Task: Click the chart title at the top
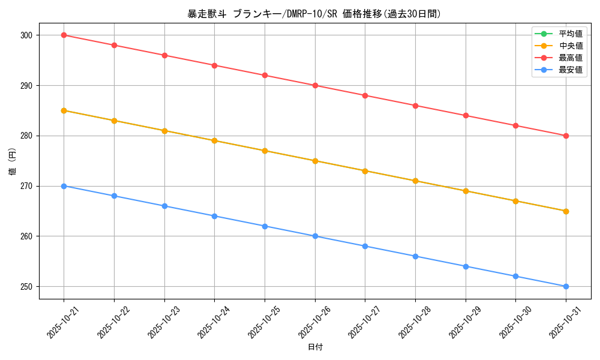click(x=314, y=14)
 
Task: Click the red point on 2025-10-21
click(x=64, y=35)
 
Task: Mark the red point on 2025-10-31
click(x=566, y=136)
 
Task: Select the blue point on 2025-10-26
click(x=315, y=236)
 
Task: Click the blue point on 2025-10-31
click(x=566, y=286)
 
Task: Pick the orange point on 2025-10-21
click(x=64, y=110)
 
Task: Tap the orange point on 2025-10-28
click(x=415, y=181)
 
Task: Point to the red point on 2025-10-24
click(x=214, y=65)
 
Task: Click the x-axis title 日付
click(x=315, y=347)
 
